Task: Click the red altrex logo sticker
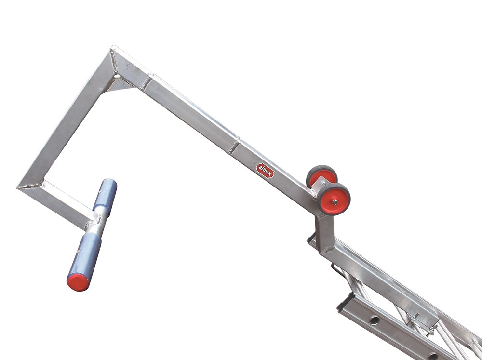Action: (265, 171)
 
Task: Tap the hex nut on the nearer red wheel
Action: (335, 202)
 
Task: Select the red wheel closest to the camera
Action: (334, 199)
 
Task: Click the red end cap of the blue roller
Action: (78, 282)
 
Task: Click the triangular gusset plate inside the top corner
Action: (119, 84)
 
